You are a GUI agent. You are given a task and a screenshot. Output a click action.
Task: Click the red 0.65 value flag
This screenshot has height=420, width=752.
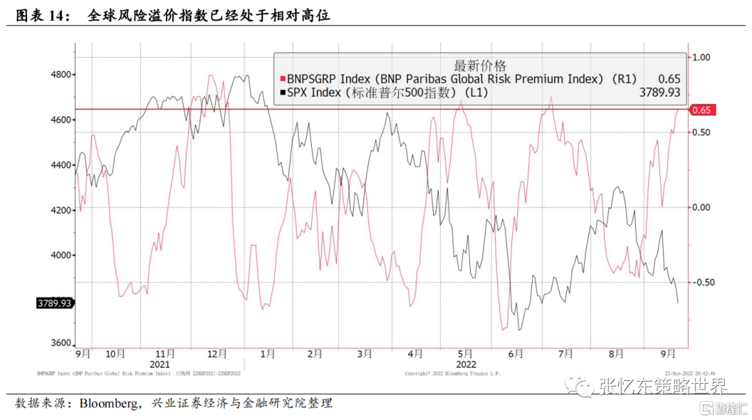click(702, 110)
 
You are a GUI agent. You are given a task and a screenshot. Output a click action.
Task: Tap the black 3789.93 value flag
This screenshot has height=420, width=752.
click(54, 303)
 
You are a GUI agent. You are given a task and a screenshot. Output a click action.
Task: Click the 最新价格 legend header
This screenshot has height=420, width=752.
click(480, 65)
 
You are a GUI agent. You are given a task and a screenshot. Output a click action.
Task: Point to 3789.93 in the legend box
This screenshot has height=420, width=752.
click(659, 93)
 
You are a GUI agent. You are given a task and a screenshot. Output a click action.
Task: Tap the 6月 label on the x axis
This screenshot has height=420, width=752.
click(515, 354)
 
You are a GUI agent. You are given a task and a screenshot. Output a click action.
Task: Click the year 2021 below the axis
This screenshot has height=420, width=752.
click(159, 364)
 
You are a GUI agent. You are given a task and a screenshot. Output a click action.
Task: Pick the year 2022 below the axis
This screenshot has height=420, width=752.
click(466, 364)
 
